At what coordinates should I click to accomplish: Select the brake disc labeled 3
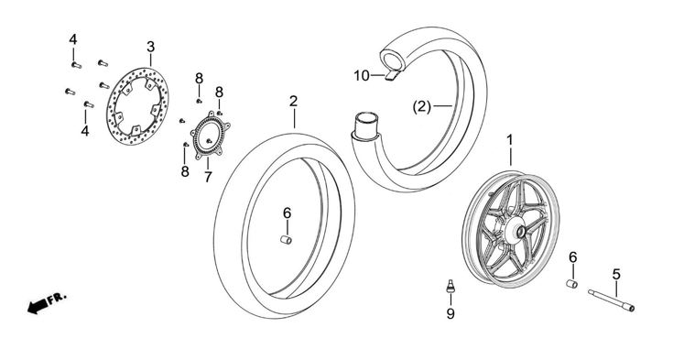(x=137, y=106)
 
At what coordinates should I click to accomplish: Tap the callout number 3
(x=151, y=47)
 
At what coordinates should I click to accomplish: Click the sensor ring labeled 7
(x=210, y=136)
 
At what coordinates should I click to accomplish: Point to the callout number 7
(x=208, y=177)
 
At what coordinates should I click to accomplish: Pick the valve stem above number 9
(x=450, y=286)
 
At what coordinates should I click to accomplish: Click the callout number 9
(x=450, y=314)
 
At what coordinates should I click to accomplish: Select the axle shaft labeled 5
(x=612, y=300)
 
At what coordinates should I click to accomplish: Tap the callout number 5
(x=616, y=273)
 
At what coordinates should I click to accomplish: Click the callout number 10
(x=362, y=76)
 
